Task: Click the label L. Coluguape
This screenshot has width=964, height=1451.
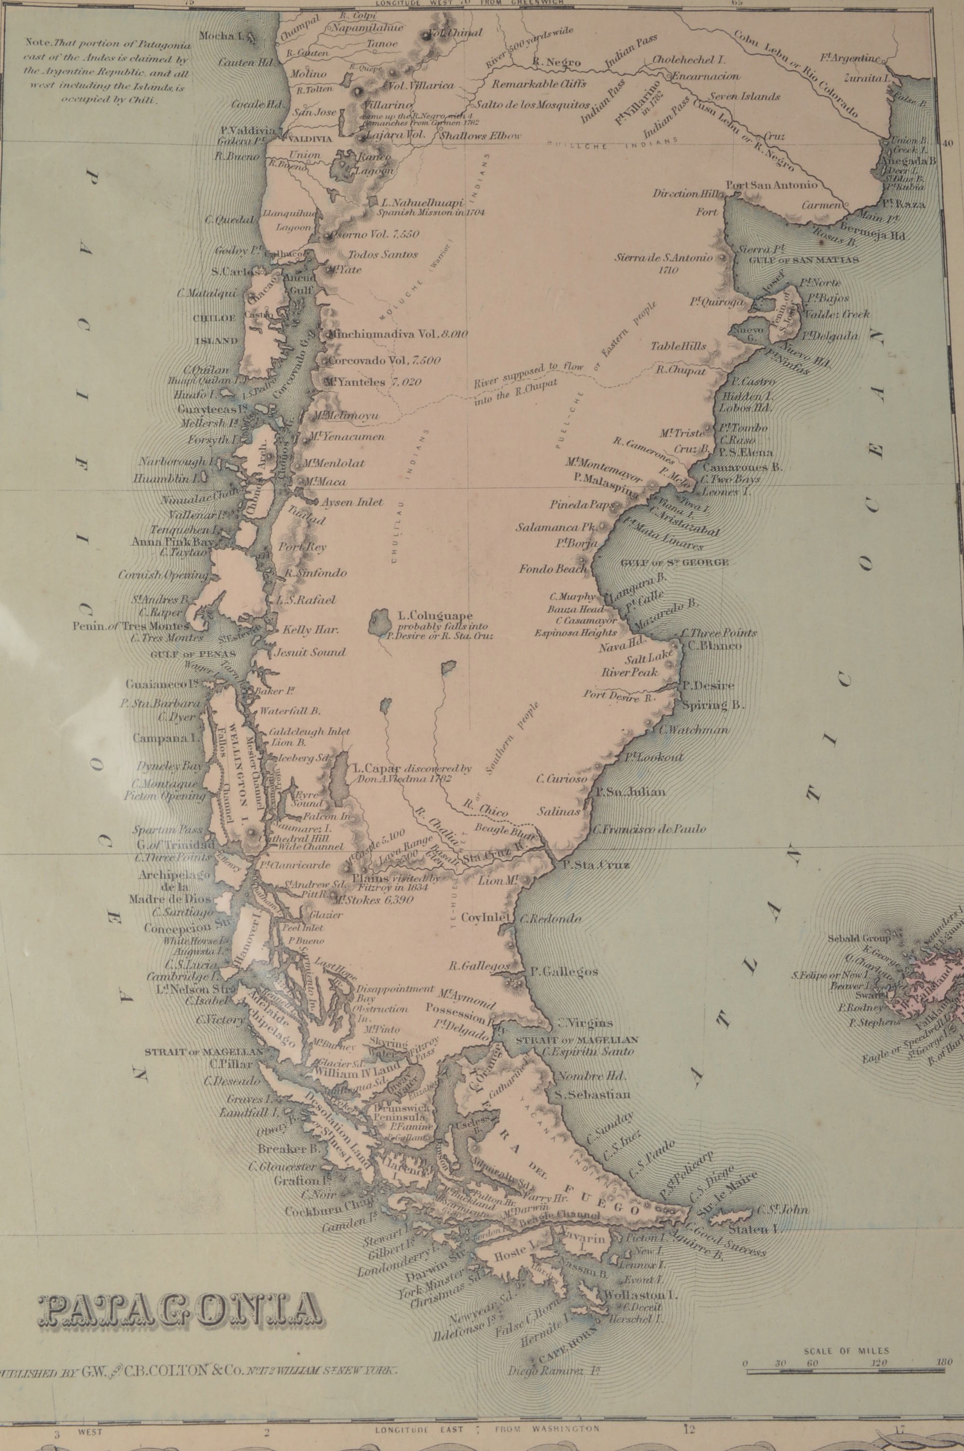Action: [435, 615]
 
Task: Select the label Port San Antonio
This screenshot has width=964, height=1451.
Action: [772, 185]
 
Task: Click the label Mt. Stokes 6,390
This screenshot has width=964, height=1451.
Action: [372, 899]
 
